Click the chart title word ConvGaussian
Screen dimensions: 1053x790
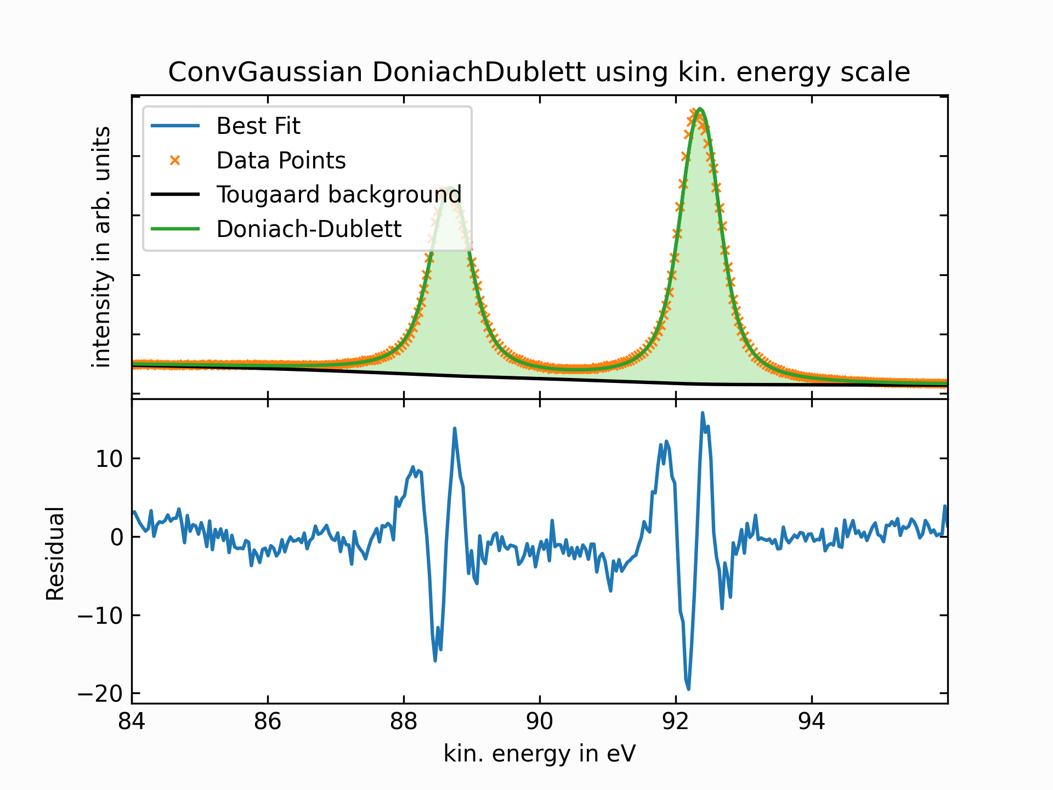pos(265,72)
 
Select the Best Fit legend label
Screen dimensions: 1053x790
pos(258,126)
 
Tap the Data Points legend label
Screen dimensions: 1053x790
pos(281,161)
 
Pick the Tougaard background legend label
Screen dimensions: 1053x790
pos(339,195)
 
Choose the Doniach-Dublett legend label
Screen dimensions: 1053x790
pos(309,229)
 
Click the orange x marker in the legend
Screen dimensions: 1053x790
pos(175,160)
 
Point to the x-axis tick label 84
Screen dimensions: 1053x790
pos(132,722)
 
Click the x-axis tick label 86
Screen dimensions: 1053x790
pos(268,722)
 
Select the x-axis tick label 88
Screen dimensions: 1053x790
pos(404,722)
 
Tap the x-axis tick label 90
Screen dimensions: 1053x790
pos(540,722)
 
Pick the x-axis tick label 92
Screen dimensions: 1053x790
pos(676,722)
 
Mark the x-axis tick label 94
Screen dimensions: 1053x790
pos(812,722)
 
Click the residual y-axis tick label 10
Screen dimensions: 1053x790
pos(109,459)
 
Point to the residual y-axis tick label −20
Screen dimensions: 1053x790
pos(100,695)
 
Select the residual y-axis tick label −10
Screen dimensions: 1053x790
pos(100,616)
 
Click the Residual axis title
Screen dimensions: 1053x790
pos(55,554)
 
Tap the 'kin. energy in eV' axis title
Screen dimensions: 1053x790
pos(540,754)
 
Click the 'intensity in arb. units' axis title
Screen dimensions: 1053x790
pos(102,247)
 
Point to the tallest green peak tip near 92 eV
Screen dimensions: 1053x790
pos(700,109)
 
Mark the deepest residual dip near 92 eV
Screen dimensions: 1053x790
pos(688,689)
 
